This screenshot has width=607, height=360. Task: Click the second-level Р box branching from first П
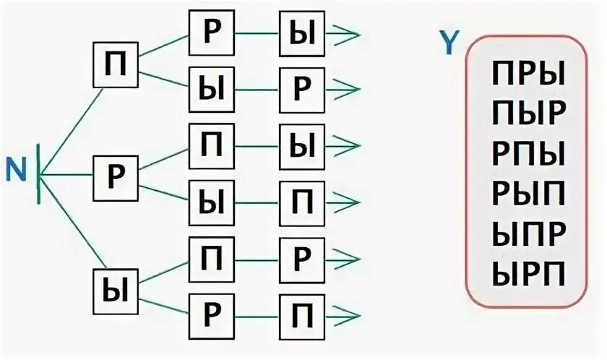click(211, 33)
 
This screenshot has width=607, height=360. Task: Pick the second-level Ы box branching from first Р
click(211, 200)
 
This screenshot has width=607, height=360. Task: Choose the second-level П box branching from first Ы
click(211, 257)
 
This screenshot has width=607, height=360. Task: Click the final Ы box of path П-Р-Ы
click(301, 33)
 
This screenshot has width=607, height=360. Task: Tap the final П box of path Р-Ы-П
click(301, 200)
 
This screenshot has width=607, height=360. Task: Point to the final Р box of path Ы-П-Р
click(301, 257)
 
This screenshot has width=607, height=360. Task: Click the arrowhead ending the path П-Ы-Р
click(345, 88)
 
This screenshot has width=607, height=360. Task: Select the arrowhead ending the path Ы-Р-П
click(345, 315)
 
